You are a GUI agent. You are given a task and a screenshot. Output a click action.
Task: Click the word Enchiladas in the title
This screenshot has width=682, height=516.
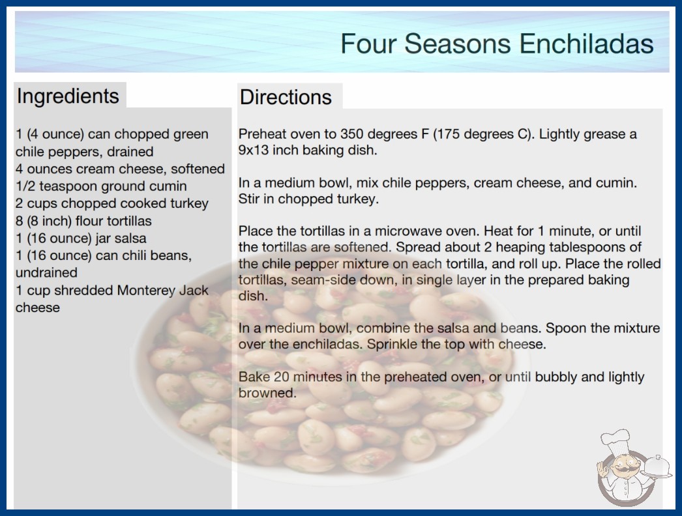pyautogui.click(x=586, y=44)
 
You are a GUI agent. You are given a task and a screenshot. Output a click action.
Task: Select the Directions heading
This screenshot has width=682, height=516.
pyautogui.click(x=286, y=97)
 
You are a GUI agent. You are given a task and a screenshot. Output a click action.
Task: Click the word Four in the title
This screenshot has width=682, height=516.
pyautogui.click(x=368, y=44)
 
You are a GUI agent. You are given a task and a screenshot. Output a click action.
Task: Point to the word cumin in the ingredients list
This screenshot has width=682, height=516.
pyautogui.click(x=168, y=186)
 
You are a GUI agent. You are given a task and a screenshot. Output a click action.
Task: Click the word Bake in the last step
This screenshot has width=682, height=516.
pyautogui.click(x=254, y=377)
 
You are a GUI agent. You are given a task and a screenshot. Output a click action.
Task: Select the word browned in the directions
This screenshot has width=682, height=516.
pyautogui.click(x=267, y=393)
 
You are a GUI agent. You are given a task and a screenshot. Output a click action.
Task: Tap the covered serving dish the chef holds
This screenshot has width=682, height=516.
pyautogui.click(x=657, y=467)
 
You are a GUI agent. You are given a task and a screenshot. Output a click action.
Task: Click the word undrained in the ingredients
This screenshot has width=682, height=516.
pyautogui.click(x=46, y=272)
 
